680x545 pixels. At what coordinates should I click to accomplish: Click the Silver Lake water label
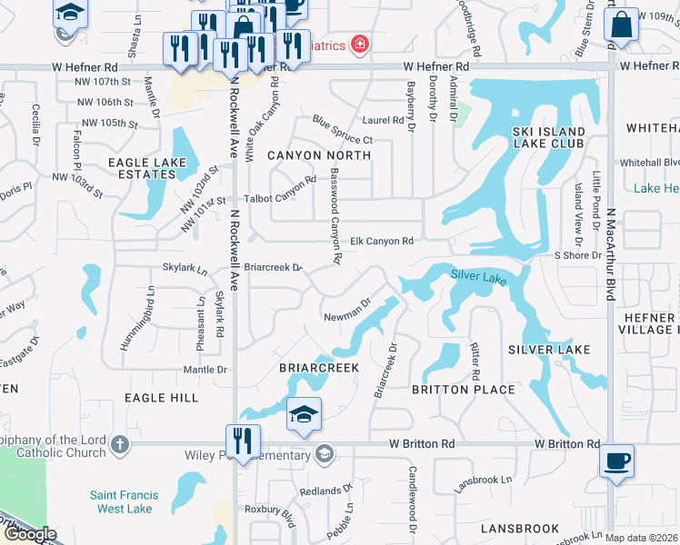pos(477,276)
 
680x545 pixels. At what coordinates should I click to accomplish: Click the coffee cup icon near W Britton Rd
pos(616,461)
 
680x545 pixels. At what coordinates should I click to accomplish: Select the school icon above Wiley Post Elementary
pos(304,416)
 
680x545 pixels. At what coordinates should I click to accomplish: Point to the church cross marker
pos(121,445)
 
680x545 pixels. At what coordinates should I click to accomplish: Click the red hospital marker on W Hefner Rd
pos(360,45)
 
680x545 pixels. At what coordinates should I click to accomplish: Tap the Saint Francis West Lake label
pos(124,502)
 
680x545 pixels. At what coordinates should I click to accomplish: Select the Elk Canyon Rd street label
pos(383,241)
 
